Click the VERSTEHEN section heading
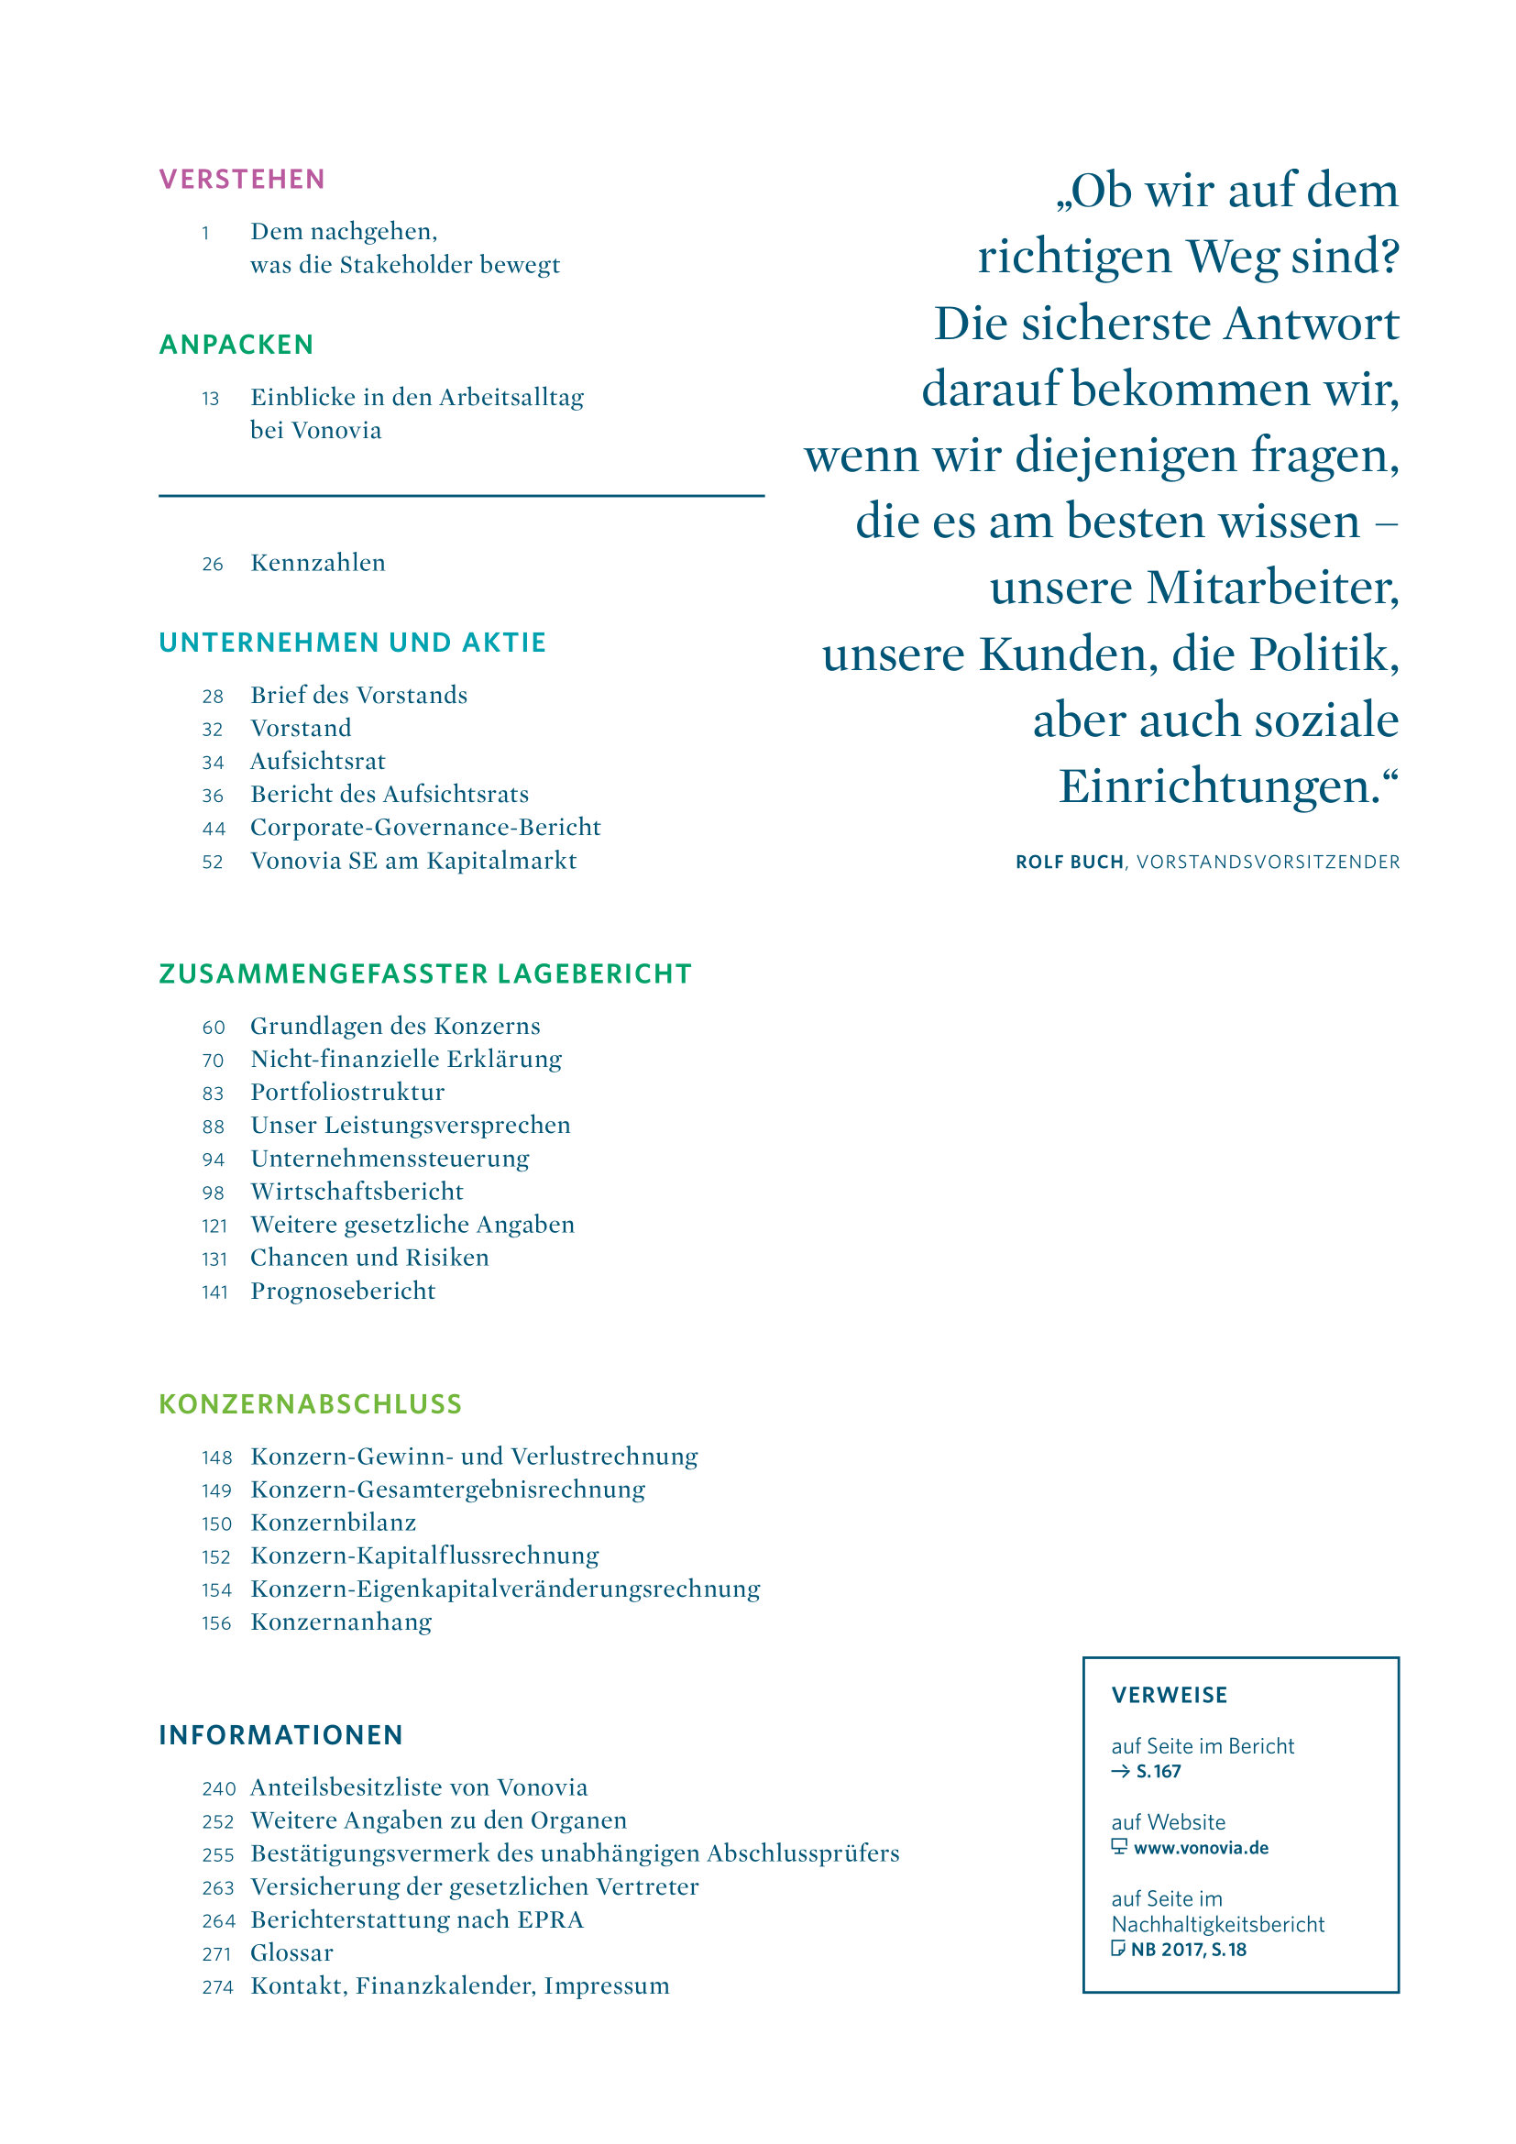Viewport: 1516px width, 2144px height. [x=242, y=180]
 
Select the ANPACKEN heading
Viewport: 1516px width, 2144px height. [x=236, y=345]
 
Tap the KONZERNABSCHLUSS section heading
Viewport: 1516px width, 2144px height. [x=310, y=1404]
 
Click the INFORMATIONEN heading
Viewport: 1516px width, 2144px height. [x=281, y=1735]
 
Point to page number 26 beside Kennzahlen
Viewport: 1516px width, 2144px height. [x=213, y=564]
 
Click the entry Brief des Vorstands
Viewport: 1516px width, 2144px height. [x=358, y=695]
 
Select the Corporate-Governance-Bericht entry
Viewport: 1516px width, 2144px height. [x=424, y=828]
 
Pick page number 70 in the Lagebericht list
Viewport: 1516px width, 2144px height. [x=213, y=1061]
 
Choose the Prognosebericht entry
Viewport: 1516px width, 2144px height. [x=343, y=1291]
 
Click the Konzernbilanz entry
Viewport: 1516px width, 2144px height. [x=334, y=1523]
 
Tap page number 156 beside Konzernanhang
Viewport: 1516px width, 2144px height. [x=216, y=1623]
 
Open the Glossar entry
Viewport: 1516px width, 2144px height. [x=291, y=1952]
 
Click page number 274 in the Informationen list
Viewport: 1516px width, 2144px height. [x=217, y=1987]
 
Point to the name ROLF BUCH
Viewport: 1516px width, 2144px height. [x=1069, y=862]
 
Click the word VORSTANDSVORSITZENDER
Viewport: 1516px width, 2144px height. [x=1268, y=862]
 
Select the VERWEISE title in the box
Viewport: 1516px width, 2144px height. [x=1169, y=1695]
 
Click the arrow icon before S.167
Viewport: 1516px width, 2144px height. [x=1120, y=1772]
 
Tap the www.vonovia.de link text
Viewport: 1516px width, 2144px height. [x=1201, y=1848]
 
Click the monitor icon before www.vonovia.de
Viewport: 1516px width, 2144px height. [x=1119, y=1847]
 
